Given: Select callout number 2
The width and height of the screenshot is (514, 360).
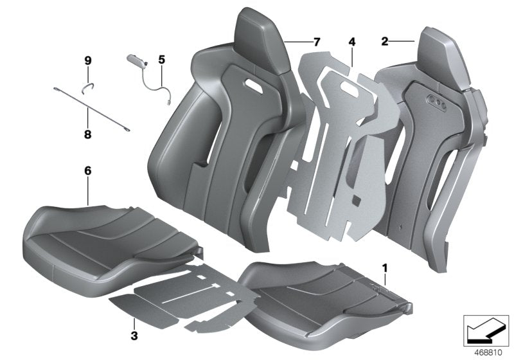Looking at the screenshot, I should (384, 42).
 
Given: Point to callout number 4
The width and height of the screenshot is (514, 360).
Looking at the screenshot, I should (351, 42).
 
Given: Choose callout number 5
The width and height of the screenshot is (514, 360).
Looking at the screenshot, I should (162, 60).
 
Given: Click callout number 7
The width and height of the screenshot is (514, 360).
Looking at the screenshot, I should (316, 42).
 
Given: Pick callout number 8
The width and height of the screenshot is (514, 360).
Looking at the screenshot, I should (88, 134).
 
